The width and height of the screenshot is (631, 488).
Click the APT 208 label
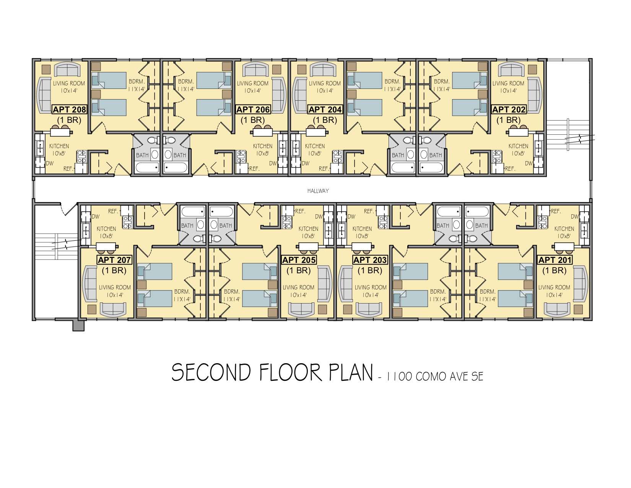click(69, 109)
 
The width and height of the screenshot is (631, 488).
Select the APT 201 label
click(555, 260)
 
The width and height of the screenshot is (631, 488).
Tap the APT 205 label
click(299, 260)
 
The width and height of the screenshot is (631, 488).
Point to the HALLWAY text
click(318, 191)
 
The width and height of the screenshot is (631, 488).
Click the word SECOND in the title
click(211, 373)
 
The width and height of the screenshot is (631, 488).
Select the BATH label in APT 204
click(398, 155)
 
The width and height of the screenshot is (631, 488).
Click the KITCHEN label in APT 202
click(518, 146)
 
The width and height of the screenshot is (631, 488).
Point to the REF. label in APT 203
click(369, 211)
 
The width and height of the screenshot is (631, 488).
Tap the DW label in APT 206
click(273, 163)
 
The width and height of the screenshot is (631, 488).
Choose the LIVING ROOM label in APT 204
click(325, 83)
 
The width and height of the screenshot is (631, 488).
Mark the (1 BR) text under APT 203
click(370, 271)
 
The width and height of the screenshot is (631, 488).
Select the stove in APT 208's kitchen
click(81, 157)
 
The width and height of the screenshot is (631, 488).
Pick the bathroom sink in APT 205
click(214, 225)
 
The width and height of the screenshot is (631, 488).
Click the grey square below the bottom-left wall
click(78, 326)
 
